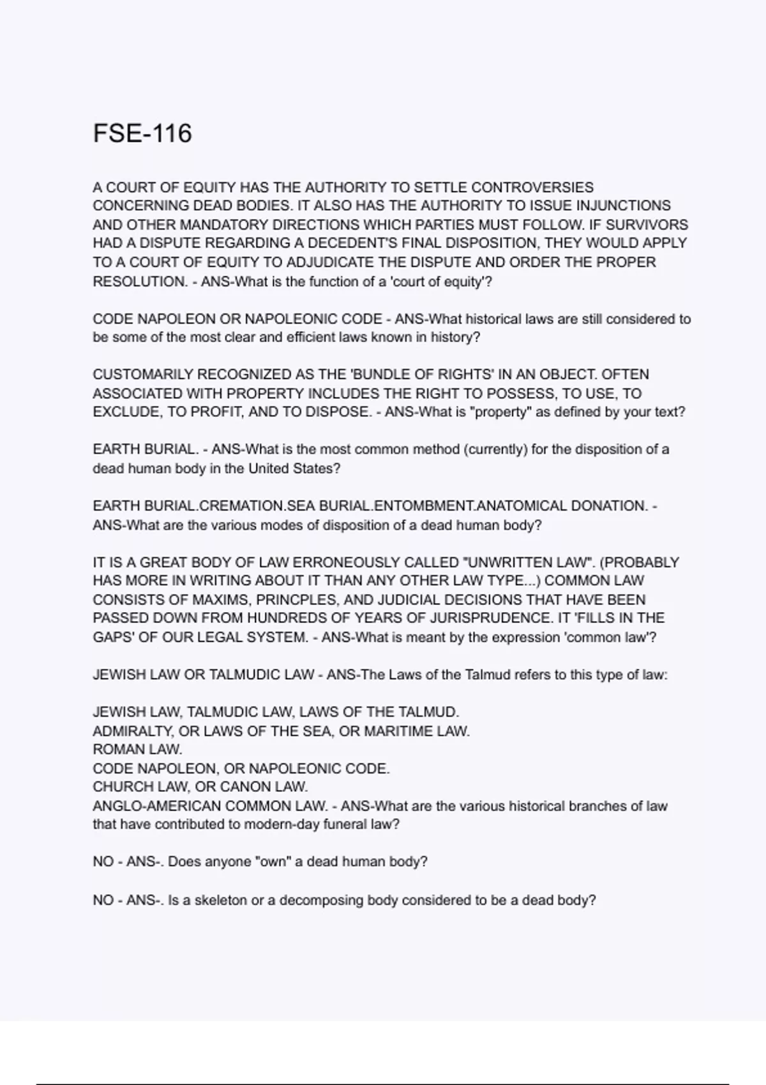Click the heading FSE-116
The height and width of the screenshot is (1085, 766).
(142, 133)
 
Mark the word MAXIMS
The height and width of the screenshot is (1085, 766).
(238, 599)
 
